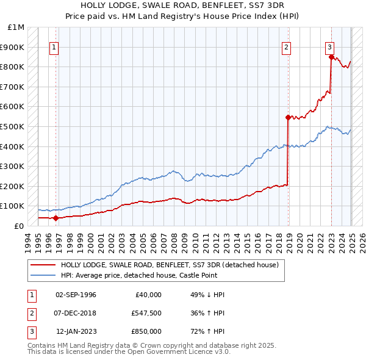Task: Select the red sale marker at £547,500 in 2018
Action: pyautogui.click(x=287, y=117)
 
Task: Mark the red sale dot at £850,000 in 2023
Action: pyautogui.click(x=331, y=57)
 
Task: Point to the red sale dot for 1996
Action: pyautogui.click(x=56, y=218)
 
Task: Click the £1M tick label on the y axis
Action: pyautogui.click(x=16, y=27)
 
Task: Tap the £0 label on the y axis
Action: pyautogui.click(x=19, y=226)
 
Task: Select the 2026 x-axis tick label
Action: pyautogui.click(x=362, y=240)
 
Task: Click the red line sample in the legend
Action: pyautogui.click(x=42, y=265)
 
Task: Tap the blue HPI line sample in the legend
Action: pyautogui.click(x=42, y=275)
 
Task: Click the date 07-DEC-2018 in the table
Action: pyautogui.click(x=76, y=313)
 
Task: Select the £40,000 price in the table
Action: pyautogui.click(x=148, y=295)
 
